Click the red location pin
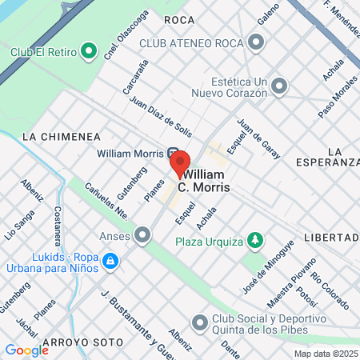(x=179, y=163)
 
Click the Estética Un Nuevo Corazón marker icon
(x=279, y=85)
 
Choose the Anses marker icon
(x=143, y=235)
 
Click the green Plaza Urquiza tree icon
(x=254, y=238)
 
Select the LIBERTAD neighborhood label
(x=331, y=238)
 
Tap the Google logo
(x=26, y=350)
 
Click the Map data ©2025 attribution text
(x=326, y=354)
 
